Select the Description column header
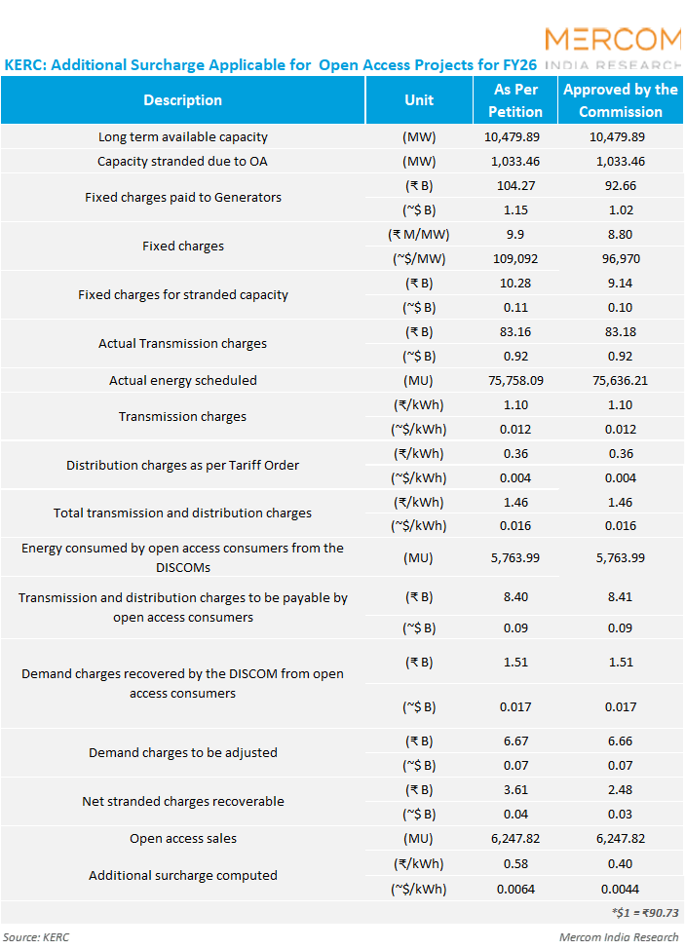point(182,100)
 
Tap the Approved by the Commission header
point(620,100)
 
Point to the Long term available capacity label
point(183,137)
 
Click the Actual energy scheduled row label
point(183,381)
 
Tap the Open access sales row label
point(183,839)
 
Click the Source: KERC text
point(37,937)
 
